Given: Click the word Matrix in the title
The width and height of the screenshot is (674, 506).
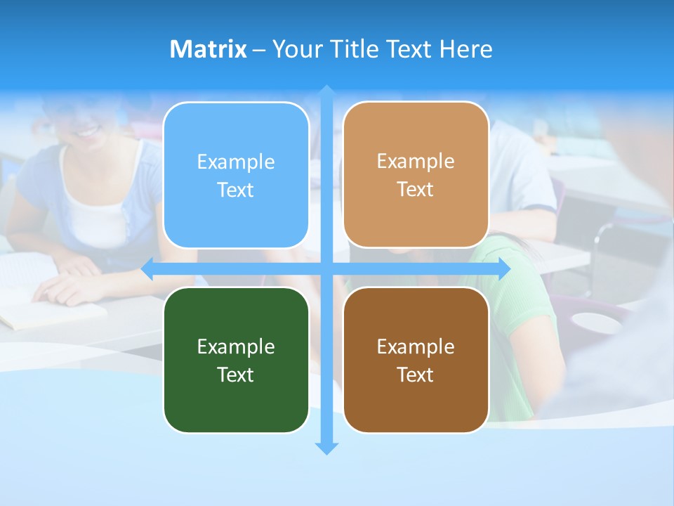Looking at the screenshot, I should point(208,49).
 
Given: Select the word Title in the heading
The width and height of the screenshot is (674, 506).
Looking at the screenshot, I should point(355,49).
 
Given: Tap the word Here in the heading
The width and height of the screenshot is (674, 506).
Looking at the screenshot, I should point(466,49).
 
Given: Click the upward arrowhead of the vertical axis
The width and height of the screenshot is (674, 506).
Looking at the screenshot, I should point(326,92).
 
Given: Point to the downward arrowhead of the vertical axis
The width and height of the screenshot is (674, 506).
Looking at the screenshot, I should point(326,448).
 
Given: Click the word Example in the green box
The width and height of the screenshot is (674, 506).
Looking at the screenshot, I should point(236,346).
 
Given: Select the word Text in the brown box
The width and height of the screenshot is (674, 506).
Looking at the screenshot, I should point(416,375).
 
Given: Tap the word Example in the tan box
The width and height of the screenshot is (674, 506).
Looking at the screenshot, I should point(416,161).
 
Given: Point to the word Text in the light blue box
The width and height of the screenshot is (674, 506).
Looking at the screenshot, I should point(236,190).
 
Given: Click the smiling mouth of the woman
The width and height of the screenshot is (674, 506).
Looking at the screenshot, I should point(88,131).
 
